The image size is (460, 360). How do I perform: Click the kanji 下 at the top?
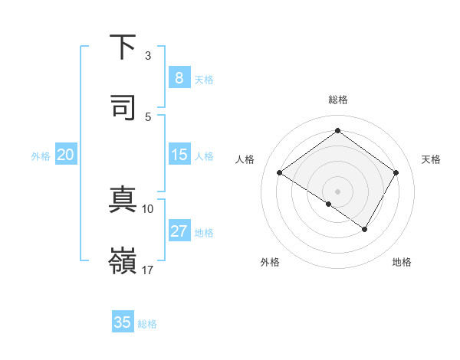(123, 47)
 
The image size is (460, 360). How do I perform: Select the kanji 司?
(123, 106)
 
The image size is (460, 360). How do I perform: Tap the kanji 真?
(123, 201)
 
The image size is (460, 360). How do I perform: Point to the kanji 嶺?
(123, 260)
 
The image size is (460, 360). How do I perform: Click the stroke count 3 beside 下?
(148, 56)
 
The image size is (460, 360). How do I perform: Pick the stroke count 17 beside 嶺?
(148, 270)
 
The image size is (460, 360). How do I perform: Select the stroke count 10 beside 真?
(148, 209)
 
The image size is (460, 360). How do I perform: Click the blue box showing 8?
(179, 78)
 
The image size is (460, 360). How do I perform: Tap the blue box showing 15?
(179, 155)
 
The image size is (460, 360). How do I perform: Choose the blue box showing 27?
(179, 231)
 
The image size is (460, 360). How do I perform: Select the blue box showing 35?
(123, 322)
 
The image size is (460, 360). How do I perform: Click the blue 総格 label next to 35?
(147, 324)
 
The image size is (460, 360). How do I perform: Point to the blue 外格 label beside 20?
(41, 156)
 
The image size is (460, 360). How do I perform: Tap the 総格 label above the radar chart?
(338, 100)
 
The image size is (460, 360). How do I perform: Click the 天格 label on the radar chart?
(431, 159)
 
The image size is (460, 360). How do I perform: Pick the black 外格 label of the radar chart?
(270, 263)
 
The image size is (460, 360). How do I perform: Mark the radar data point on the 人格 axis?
(280, 173)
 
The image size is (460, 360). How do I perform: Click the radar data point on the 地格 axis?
(365, 229)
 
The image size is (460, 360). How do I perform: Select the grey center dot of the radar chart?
(338, 191)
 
